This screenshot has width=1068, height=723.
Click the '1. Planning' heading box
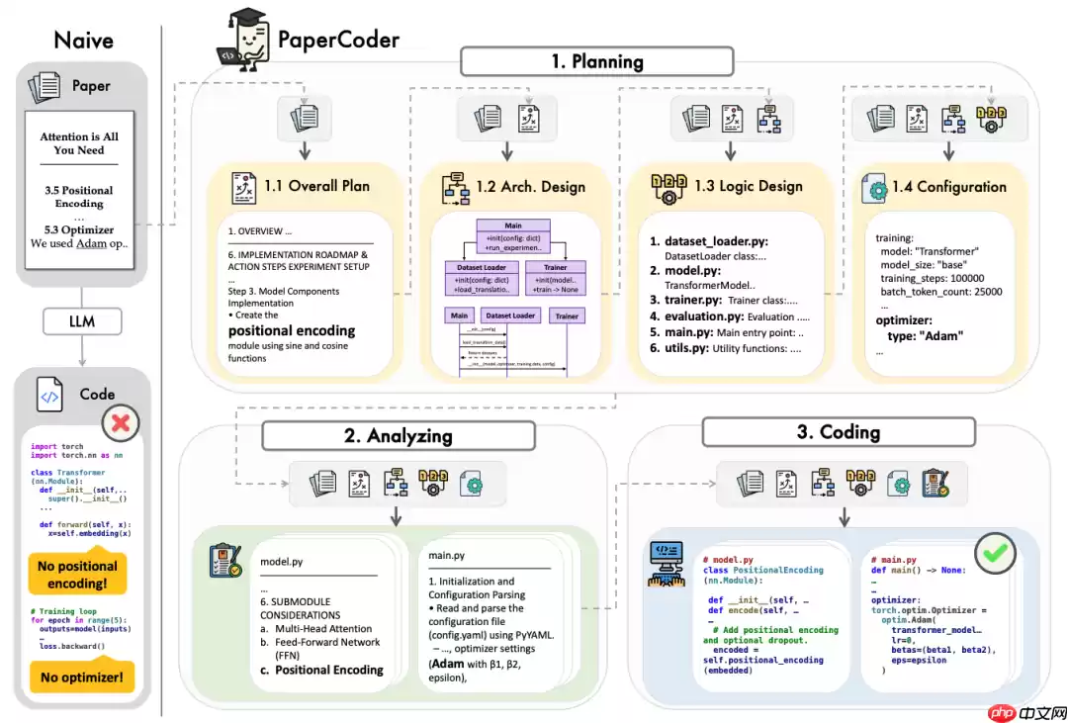(597, 61)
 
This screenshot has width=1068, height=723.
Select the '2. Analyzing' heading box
(398, 436)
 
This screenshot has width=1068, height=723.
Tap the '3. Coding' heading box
(838, 432)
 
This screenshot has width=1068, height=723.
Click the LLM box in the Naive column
(82, 320)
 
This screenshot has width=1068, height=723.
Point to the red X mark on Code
(122, 423)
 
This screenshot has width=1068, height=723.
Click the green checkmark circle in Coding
(995, 554)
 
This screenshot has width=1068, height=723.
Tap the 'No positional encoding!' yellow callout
(78, 575)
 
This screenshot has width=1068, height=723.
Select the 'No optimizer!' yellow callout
(81, 678)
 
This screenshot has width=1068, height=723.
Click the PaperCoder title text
(338, 40)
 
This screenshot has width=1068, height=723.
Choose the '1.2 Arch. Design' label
(530, 186)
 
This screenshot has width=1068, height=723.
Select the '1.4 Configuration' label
(947, 186)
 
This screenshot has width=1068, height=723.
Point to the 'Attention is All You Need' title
(79, 143)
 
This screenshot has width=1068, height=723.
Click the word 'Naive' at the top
(83, 40)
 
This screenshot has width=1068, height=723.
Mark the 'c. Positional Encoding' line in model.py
(321, 670)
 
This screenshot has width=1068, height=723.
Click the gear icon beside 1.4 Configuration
(874, 189)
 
